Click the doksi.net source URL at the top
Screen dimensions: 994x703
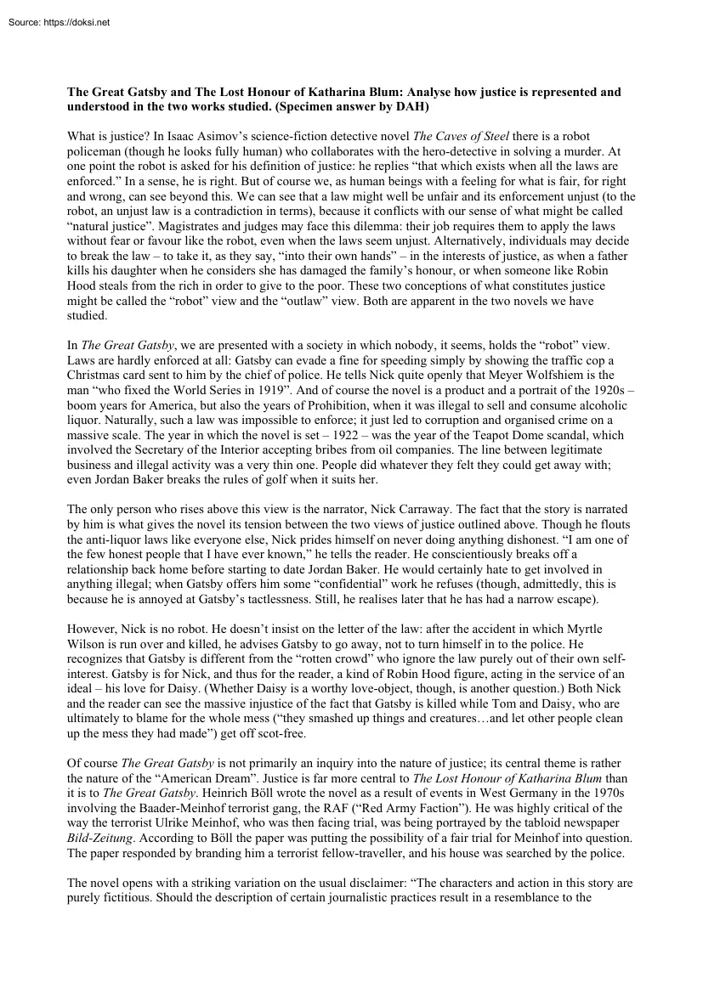click(x=71, y=22)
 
